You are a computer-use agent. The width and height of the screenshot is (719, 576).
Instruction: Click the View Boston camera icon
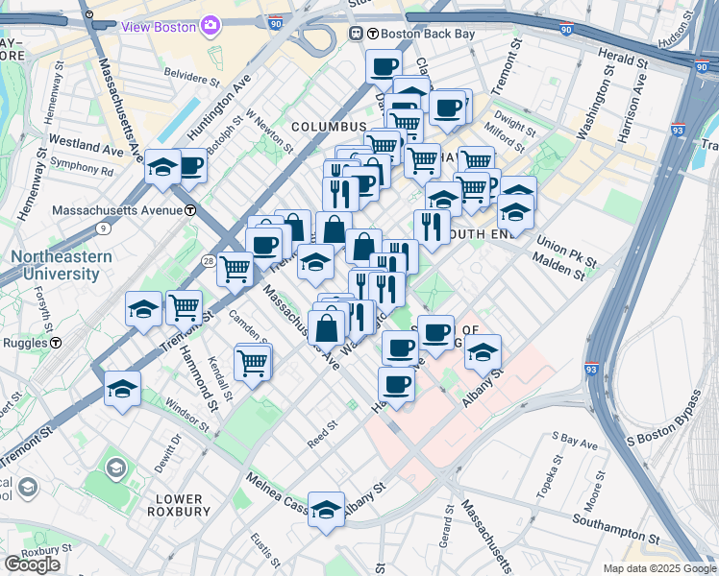click(210, 25)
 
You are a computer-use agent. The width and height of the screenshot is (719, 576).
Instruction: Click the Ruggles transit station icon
click(57, 342)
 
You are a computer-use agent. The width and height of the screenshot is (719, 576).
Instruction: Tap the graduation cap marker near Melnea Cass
click(326, 509)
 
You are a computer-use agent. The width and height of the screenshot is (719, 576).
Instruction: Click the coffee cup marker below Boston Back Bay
click(384, 66)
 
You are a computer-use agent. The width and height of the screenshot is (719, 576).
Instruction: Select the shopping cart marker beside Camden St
click(252, 362)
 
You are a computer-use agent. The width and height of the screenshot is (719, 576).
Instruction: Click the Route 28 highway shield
click(208, 260)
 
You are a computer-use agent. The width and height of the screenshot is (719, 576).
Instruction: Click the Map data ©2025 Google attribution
click(659, 568)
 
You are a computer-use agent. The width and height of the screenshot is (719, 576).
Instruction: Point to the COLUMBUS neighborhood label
click(329, 127)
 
